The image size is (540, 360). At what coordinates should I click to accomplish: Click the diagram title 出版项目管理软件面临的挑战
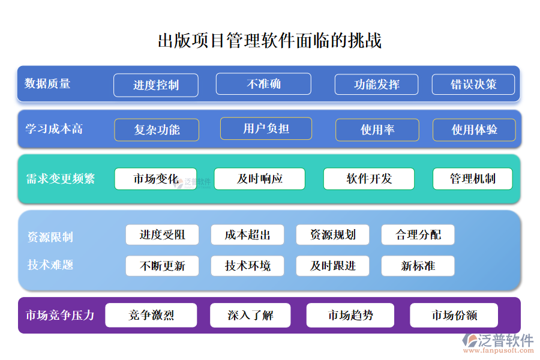(269, 41)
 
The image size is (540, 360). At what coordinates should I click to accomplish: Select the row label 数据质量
(48, 84)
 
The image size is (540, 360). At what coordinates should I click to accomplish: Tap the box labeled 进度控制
(156, 85)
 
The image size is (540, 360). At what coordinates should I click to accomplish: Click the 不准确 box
(263, 84)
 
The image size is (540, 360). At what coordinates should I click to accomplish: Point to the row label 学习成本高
(54, 129)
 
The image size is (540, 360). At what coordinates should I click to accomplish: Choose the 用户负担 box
(266, 128)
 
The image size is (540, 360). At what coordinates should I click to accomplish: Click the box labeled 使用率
(377, 130)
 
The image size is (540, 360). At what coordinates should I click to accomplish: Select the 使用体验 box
(474, 130)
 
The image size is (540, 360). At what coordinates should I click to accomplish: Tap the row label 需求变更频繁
(61, 179)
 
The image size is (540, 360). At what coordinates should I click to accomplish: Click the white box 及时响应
(260, 179)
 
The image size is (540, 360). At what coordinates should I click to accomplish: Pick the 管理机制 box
(473, 179)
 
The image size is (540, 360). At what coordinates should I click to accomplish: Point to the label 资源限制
(50, 237)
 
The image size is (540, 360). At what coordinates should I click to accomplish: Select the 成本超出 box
(247, 235)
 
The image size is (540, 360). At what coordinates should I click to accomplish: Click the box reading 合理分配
(418, 235)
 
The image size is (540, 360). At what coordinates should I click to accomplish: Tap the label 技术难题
(50, 265)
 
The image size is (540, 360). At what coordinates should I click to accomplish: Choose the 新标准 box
(418, 266)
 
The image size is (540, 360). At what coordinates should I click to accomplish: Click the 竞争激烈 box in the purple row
(151, 315)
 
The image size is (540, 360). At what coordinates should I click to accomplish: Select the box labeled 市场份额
(454, 315)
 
